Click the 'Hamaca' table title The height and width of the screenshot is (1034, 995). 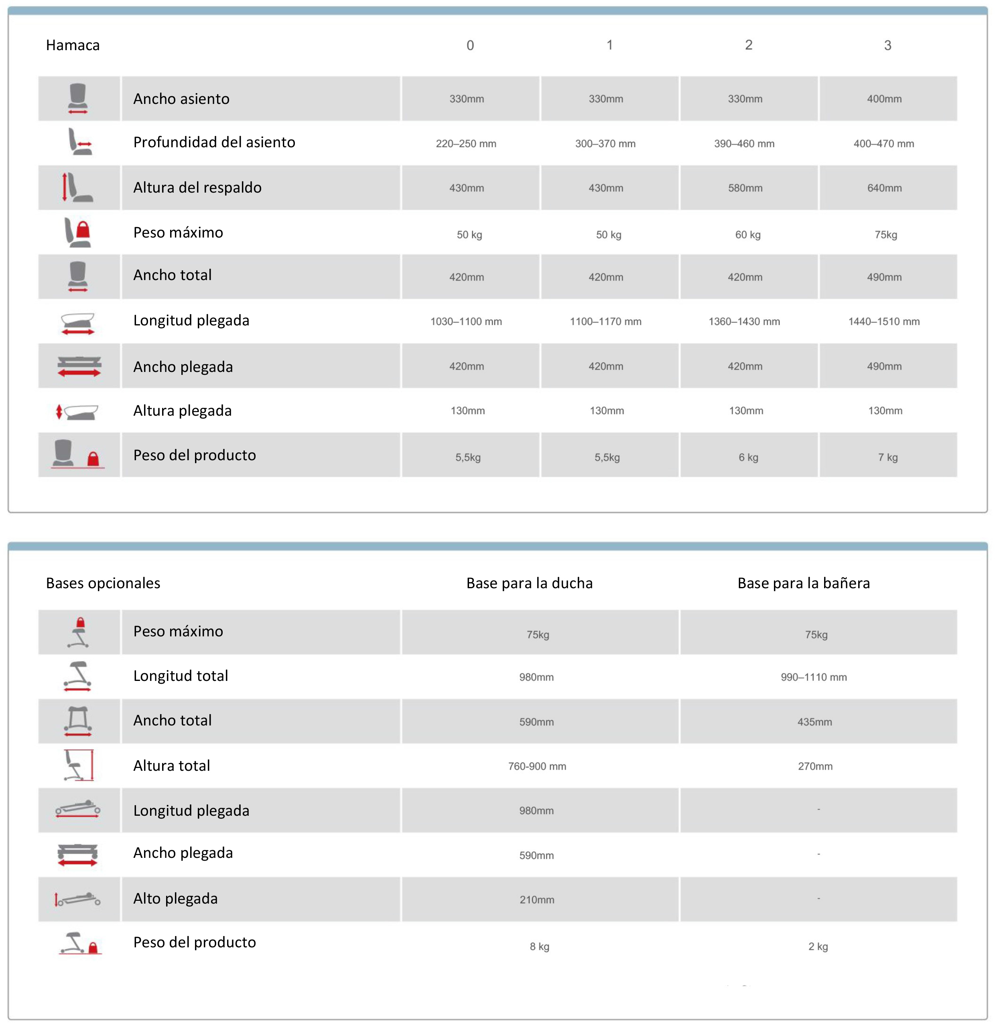coord(73,45)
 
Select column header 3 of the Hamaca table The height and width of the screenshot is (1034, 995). coord(887,45)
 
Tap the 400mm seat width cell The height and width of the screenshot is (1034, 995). coord(884,99)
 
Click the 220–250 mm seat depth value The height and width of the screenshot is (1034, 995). coord(466,144)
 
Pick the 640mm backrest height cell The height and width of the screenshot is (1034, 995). coord(884,188)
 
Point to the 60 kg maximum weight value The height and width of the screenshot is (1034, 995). coord(747,235)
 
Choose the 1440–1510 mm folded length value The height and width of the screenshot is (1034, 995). coord(884,321)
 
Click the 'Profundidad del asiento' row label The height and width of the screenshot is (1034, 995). coord(214,142)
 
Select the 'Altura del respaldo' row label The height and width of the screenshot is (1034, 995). coord(197,188)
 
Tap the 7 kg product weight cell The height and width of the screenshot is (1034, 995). coord(887,457)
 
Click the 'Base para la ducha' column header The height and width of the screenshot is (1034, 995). coord(529,583)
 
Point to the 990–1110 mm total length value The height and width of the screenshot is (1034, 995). coord(814,677)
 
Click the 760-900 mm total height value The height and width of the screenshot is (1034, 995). coord(537,766)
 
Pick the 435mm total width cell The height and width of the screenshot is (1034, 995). coord(814,722)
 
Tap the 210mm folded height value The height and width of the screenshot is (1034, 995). coord(536,900)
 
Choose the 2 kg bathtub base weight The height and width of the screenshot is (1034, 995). coord(818,947)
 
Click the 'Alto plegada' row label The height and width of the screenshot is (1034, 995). coord(175,898)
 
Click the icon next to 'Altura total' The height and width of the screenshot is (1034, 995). coord(79,766)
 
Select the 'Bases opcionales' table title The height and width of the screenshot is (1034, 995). coord(103,583)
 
